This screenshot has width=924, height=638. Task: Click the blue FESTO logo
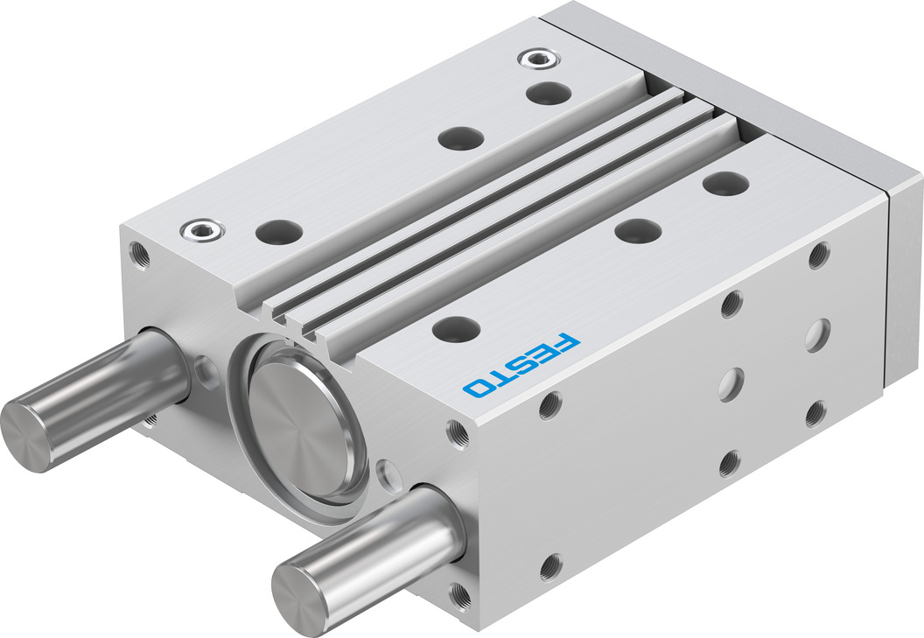click(521, 364)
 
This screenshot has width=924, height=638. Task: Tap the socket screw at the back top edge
click(539, 58)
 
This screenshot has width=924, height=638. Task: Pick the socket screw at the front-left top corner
click(203, 229)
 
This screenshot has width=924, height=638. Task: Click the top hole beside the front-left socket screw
click(279, 231)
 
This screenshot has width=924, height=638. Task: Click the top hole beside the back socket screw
click(549, 93)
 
